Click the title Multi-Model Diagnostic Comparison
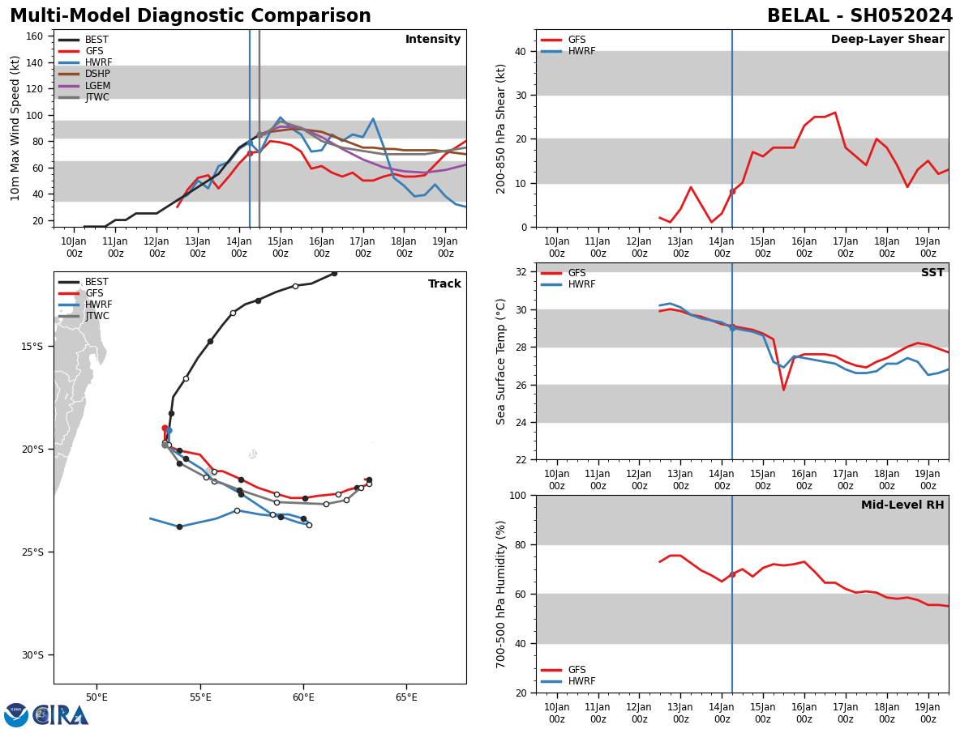click(x=190, y=16)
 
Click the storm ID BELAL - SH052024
click(x=859, y=16)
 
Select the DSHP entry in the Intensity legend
click(x=97, y=75)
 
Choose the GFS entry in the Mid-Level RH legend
click(x=577, y=670)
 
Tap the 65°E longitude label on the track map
click(x=406, y=697)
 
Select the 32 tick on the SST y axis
click(x=524, y=272)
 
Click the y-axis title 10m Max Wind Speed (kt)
click(x=15, y=128)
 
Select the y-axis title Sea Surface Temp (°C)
click(x=501, y=361)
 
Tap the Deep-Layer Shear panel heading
click(x=887, y=40)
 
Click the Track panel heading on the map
click(x=444, y=284)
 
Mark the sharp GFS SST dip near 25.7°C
click(x=783, y=390)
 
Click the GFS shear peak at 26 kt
click(x=834, y=113)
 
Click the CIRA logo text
click(x=62, y=715)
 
